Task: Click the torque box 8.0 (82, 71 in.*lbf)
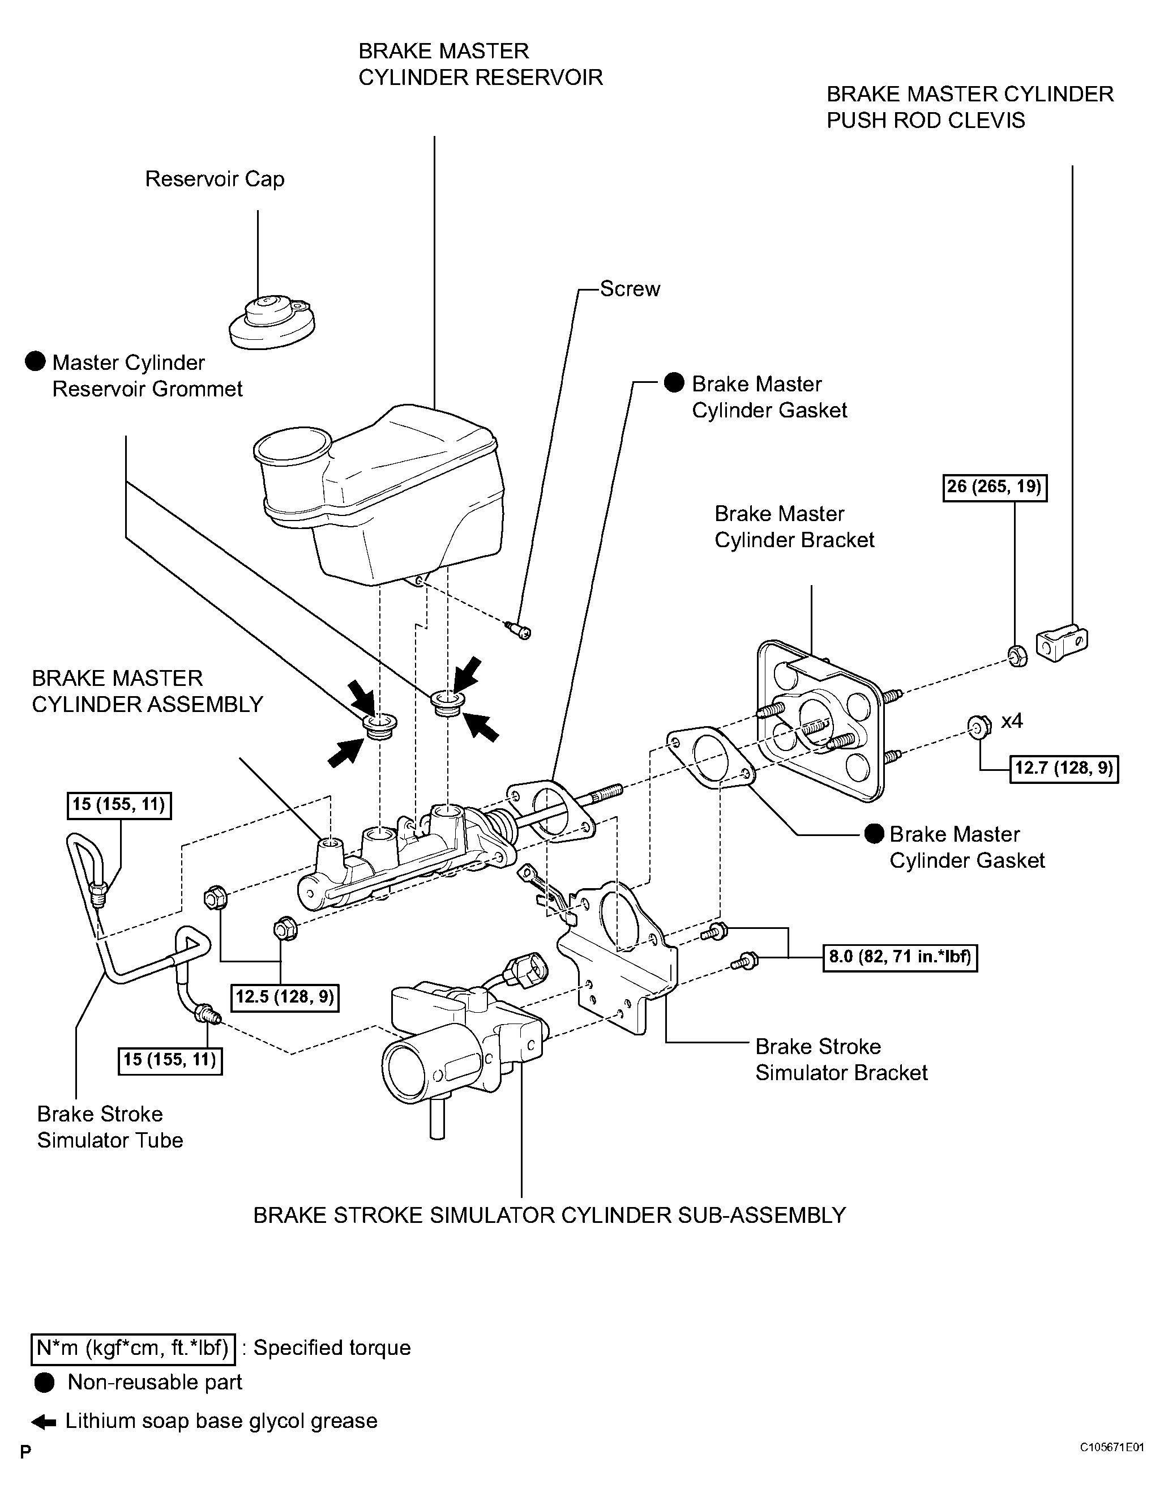pos(900,957)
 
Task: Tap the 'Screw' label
pos(630,289)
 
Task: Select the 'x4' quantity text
pos(1012,721)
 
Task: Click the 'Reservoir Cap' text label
pos(215,180)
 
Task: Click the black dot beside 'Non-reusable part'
pos(45,1383)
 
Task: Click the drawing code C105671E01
pos(1111,1466)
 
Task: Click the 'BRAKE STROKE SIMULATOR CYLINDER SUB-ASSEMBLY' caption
pos(550,1216)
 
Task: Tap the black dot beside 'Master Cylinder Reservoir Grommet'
pos(36,362)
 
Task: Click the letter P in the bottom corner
pos(25,1472)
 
